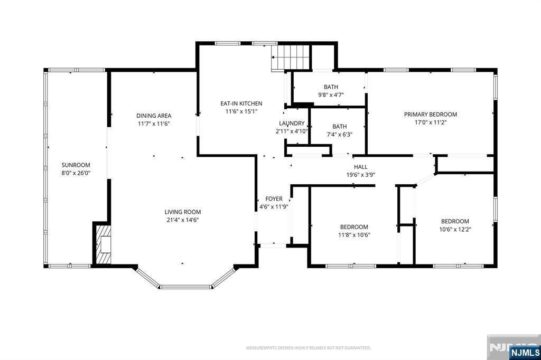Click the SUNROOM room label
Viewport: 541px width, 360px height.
pos(76,165)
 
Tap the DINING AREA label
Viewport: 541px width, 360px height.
pos(154,116)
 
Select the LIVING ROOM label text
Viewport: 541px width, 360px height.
pos(182,212)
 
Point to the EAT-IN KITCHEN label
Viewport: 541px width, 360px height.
pos(241,103)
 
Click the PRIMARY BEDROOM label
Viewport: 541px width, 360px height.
pos(430,115)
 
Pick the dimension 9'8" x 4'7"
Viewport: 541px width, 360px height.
pos(331,95)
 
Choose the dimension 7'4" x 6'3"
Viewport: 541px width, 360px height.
pos(340,135)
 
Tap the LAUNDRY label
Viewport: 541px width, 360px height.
pos(292,124)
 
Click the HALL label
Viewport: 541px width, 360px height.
pos(360,167)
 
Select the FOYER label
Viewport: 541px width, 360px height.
pos(274,199)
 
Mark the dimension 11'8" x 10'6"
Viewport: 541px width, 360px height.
pos(354,235)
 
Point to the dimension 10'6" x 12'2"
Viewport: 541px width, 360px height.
pos(455,229)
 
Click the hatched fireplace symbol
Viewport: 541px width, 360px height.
pos(104,244)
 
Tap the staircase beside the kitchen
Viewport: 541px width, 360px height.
pos(290,57)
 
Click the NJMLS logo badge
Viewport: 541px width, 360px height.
pos(525,353)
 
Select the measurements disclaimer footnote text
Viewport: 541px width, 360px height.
pos(309,347)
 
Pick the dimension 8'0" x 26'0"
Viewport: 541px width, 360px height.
pos(76,173)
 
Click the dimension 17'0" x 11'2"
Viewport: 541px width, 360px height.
pos(430,122)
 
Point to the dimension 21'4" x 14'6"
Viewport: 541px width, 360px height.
pos(182,220)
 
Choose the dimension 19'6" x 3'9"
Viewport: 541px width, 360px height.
pos(360,175)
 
